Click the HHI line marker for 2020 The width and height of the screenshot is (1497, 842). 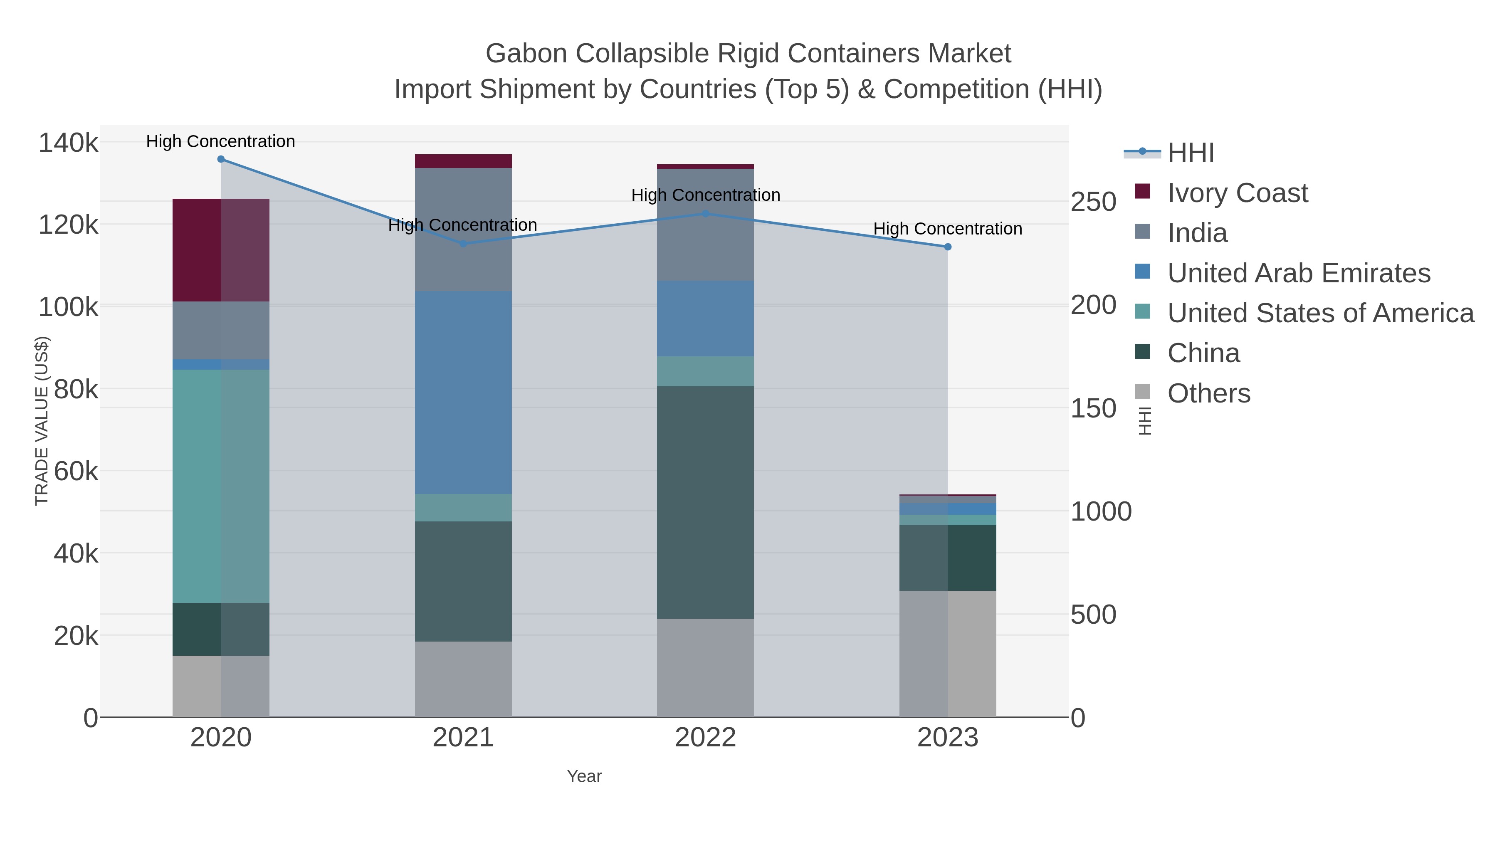(x=221, y=159)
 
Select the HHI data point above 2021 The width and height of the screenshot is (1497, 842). (x=463, y=244)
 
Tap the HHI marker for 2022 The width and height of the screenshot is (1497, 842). (x=706, y=214)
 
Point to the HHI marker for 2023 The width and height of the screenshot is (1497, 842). (x=948, y=247)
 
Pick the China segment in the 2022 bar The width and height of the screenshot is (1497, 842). (x=706, y=503)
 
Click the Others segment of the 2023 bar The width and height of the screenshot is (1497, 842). (x=948, y=654)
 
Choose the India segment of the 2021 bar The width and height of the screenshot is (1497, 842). (x=463, y=230)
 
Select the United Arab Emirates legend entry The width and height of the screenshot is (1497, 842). (x=1298, y=273)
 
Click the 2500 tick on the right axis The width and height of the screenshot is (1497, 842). (x=1094, y=202)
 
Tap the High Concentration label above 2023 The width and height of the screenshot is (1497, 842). (x=948, y=229)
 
